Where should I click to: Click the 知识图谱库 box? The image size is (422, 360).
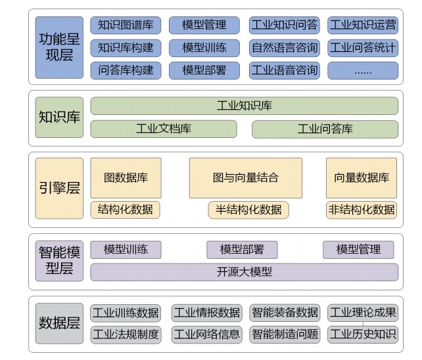[126, 26]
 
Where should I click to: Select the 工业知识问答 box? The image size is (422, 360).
[284, 26]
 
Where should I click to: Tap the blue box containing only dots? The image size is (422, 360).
[363, 70]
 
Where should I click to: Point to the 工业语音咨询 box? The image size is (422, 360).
[284, 70]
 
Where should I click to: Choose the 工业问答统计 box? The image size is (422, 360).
[363, 48]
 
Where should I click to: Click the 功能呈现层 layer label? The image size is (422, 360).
[60, 48]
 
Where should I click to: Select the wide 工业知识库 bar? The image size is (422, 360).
[244, 106]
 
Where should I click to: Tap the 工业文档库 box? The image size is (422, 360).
[164, 129]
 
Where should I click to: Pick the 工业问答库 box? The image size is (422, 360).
[325, 129]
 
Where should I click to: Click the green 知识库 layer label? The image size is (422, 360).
[60, 118]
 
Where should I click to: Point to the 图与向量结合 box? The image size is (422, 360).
[245, 177]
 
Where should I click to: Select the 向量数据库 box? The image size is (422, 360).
[362, 177]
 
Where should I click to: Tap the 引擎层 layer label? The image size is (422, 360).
[60, 188]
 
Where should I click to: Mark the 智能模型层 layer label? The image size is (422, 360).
[60, 261]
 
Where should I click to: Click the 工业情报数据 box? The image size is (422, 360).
[206, 313]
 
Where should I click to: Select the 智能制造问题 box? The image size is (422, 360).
[284, 334]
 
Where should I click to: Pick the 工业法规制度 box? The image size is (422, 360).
[126, 334]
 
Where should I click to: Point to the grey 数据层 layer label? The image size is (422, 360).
[60, 323]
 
